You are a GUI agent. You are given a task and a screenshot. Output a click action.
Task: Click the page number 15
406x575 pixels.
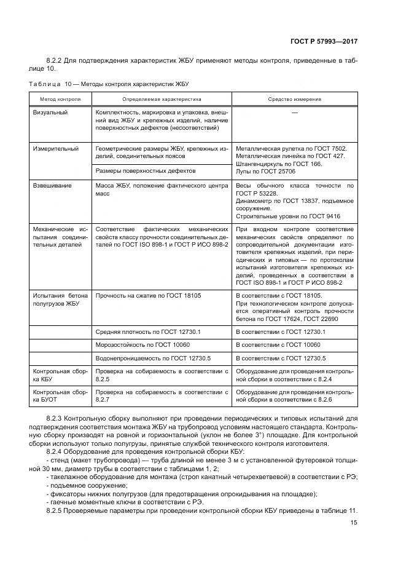click(x=354, y=523)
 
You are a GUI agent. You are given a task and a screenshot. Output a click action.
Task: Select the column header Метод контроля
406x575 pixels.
click(x=60, y=98)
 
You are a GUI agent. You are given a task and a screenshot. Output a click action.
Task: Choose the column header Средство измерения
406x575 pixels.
click(x=294, y=98)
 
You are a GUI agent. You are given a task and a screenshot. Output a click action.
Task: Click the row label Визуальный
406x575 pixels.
click(x=50, y=113)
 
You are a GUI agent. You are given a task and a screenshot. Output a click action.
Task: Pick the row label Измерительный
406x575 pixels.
click(x=55, y=148)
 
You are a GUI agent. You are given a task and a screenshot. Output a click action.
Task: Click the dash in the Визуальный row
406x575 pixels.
click(x=295, y=113)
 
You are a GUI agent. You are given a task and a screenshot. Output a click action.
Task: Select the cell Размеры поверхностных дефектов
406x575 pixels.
click(x=146, y=170)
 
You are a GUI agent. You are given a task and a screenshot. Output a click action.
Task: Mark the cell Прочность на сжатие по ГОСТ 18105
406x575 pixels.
click(x=149, y=295)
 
